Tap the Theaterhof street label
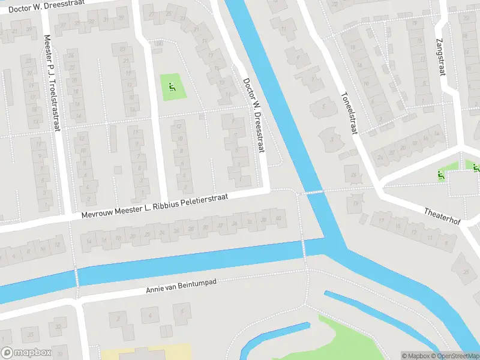442,217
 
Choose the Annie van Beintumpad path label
181,286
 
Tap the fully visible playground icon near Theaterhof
441,176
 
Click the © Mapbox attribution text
416,356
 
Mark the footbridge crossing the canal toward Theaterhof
311,192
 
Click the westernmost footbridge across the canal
77,277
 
